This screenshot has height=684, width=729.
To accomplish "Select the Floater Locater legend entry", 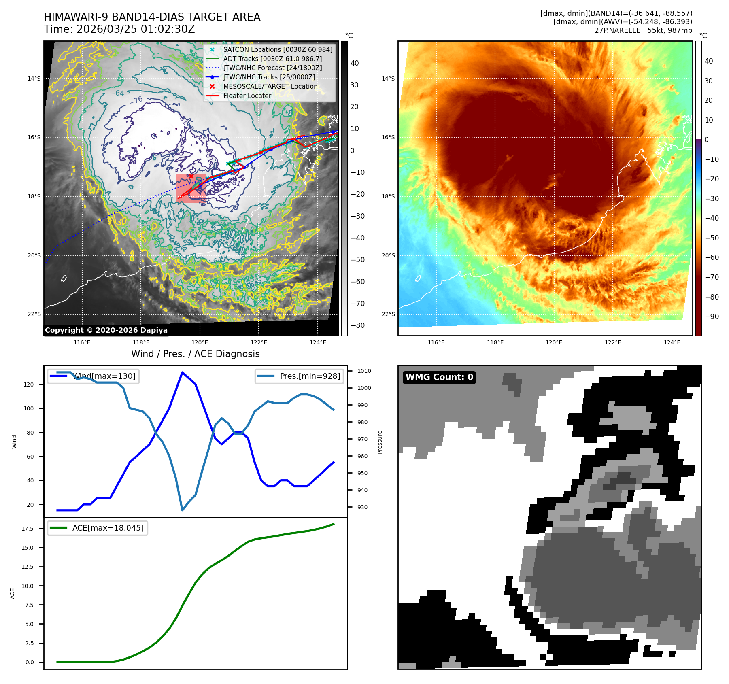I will click(247, 96).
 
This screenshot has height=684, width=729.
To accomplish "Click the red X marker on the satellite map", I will click(191, 176).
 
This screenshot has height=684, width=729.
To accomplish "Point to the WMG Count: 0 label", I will click(439, 377).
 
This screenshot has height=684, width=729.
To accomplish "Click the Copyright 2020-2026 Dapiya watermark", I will click(106, 330).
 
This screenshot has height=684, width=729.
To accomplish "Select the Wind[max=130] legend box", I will click(93, 376).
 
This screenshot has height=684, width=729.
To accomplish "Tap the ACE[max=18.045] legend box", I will click(98, 528).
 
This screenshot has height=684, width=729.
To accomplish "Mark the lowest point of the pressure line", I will click(183, 510).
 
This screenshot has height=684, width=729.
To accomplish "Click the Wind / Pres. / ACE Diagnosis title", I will click(195, 354).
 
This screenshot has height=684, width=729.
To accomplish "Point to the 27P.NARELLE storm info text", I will click(643, 30).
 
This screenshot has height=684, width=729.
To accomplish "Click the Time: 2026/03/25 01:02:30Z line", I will click(119, 29).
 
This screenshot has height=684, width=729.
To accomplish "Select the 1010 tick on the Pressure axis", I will click(364, 371).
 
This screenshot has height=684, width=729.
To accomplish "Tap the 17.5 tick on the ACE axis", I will click(30, 529).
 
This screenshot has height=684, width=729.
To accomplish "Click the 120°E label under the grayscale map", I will click(200, 342).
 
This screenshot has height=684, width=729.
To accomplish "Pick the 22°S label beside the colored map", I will click(388, 314).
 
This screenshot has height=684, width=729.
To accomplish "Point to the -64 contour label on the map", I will click(117, 93).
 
